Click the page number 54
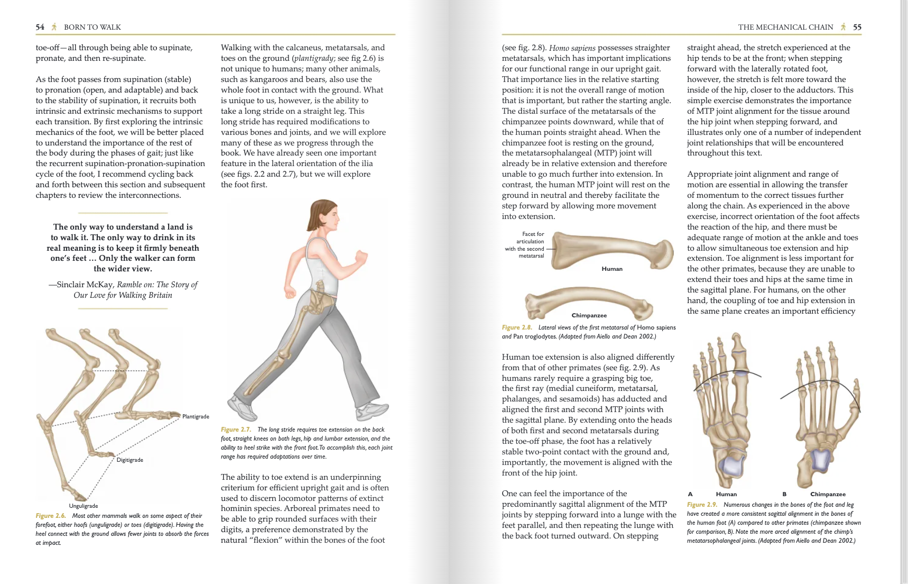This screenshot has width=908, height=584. click(40, 27)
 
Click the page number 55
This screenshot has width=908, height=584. click(857, 27)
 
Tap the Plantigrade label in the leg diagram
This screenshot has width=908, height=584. click(196, 417)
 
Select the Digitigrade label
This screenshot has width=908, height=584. click(130, 460)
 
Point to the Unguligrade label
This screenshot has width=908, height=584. click(84, 506)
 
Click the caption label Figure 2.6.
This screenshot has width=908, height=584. click(51, 516)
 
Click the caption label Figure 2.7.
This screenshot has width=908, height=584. click(236, 430)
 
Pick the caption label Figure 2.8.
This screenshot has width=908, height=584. click(517, 327)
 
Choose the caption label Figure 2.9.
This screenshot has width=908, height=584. click(702, 505)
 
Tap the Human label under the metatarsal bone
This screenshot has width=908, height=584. click(612, 269)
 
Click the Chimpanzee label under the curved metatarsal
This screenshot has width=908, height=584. click(589, 315)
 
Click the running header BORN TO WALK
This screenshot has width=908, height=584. click(92, 27)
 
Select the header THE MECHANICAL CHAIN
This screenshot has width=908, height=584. click(785, 27)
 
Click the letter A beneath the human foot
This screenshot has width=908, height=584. click(690, 494)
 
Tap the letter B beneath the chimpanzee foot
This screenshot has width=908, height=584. click(784, 494)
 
